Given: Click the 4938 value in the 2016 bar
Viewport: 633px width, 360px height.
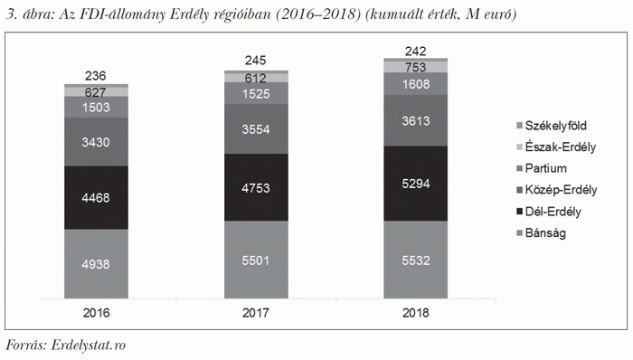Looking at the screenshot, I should pyautogui.click(x=96, y=265).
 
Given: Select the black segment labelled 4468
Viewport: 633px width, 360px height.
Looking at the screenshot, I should pyautogui.click(x=96, y=197).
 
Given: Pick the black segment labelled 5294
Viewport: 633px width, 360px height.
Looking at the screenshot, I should pyautogui.click(x=416, y=184).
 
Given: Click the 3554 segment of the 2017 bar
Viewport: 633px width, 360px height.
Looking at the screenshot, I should pyautogui.click(x=256, y=130).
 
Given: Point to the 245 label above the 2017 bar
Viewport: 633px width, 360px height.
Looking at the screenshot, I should pyautogui.click(x=256, y=60).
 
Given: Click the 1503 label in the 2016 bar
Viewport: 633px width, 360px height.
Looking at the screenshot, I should pyautogui.click(x=96, y=108).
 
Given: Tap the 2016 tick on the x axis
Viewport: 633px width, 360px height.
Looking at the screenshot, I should pyautogui.click(x=96, y=313).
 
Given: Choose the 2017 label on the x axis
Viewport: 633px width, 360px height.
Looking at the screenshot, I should pyautogui.click(x=256, y=313).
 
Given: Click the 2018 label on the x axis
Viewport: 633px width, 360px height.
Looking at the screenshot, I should pyautogui.click(x=416, y=313).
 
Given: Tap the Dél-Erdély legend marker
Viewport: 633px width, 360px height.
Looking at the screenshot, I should pyautogui.click(x=518, y=212).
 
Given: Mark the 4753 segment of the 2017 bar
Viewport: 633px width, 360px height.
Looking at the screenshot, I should pyautogui.click(x=256, y=187).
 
